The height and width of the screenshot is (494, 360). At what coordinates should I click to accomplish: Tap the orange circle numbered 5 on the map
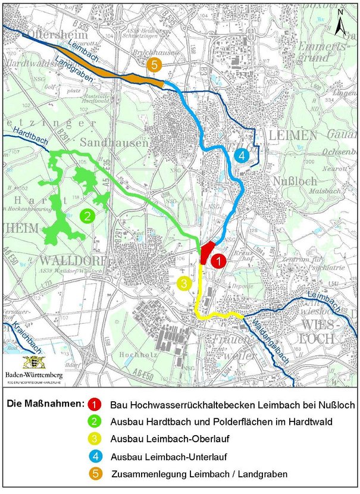(154, 65)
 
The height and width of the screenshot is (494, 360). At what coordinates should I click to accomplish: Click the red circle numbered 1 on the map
(218, 260)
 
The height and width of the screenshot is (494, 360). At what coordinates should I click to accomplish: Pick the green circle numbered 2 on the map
(87, 216)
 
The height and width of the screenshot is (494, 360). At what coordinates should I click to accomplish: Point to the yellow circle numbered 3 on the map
(185, 283)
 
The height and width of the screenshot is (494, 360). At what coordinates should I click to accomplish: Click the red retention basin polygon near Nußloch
(206, 252)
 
